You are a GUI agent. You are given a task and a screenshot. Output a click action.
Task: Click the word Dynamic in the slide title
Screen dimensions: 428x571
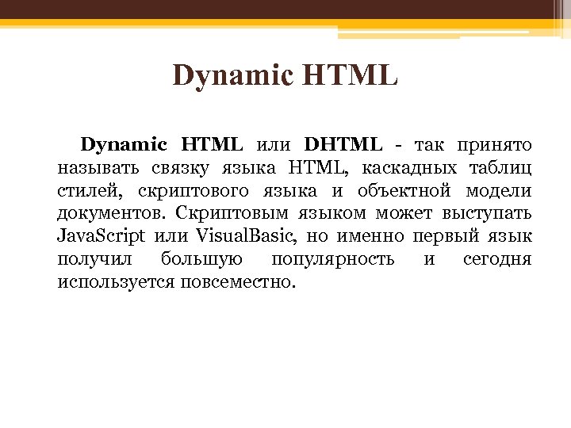pos(224,77)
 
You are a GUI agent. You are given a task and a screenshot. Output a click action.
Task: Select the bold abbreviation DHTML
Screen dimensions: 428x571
pos(343,145)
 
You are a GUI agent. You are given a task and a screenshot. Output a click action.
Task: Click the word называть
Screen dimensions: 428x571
pos(98,168)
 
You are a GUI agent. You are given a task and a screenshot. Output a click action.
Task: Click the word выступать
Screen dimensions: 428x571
pos(489,214)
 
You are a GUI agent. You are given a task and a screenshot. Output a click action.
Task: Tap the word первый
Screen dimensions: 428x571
pos(441,237)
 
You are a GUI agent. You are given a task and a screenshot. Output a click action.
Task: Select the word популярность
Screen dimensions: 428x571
pos(333,260)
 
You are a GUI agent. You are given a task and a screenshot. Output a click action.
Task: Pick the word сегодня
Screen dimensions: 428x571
pos(496,260)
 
